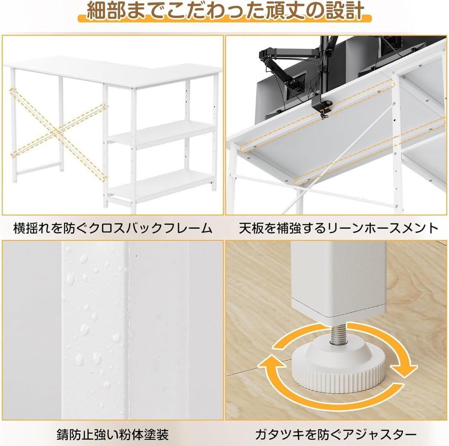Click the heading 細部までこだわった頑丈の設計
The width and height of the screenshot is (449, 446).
pos(225,11)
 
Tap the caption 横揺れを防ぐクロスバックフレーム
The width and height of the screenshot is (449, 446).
pos(113,228)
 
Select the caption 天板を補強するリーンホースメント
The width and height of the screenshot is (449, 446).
pos(338,228)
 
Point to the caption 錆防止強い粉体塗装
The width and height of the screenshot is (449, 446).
pos(113,434)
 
